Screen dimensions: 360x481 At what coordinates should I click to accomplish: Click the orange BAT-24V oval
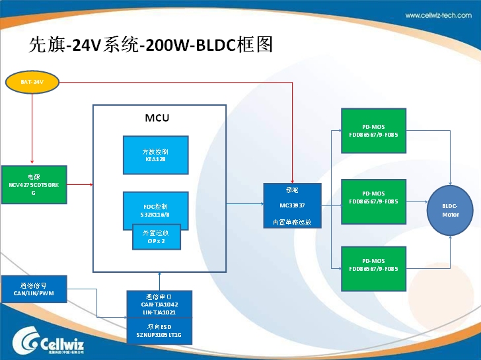pyautogui.click(x=32, y=82)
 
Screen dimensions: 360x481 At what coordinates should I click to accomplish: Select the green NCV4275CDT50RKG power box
pyautogui.click(x=34, y=184)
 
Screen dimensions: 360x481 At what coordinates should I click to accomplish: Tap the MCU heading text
pyautogui.click(x=157, y=118)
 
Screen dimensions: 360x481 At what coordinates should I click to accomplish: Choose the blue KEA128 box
pyautogui.click(x=155, y=155)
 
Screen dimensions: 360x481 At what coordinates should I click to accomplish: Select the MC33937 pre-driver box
pyautogui.click(x=292, y=205)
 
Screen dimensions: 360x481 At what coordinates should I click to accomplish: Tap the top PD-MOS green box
pyautogui.click(x=373, y=130)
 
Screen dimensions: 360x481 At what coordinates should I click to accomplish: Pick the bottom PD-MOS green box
pyautogui.click(x=373, y=268)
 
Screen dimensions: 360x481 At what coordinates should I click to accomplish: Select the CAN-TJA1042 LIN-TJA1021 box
pyautogui.click(x=159, y=304)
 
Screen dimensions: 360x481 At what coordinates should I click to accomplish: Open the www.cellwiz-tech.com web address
pyautogui.click(x=438, y=15)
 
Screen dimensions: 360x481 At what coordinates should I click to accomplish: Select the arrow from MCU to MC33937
pyautogui.click(x=244, y=205)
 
